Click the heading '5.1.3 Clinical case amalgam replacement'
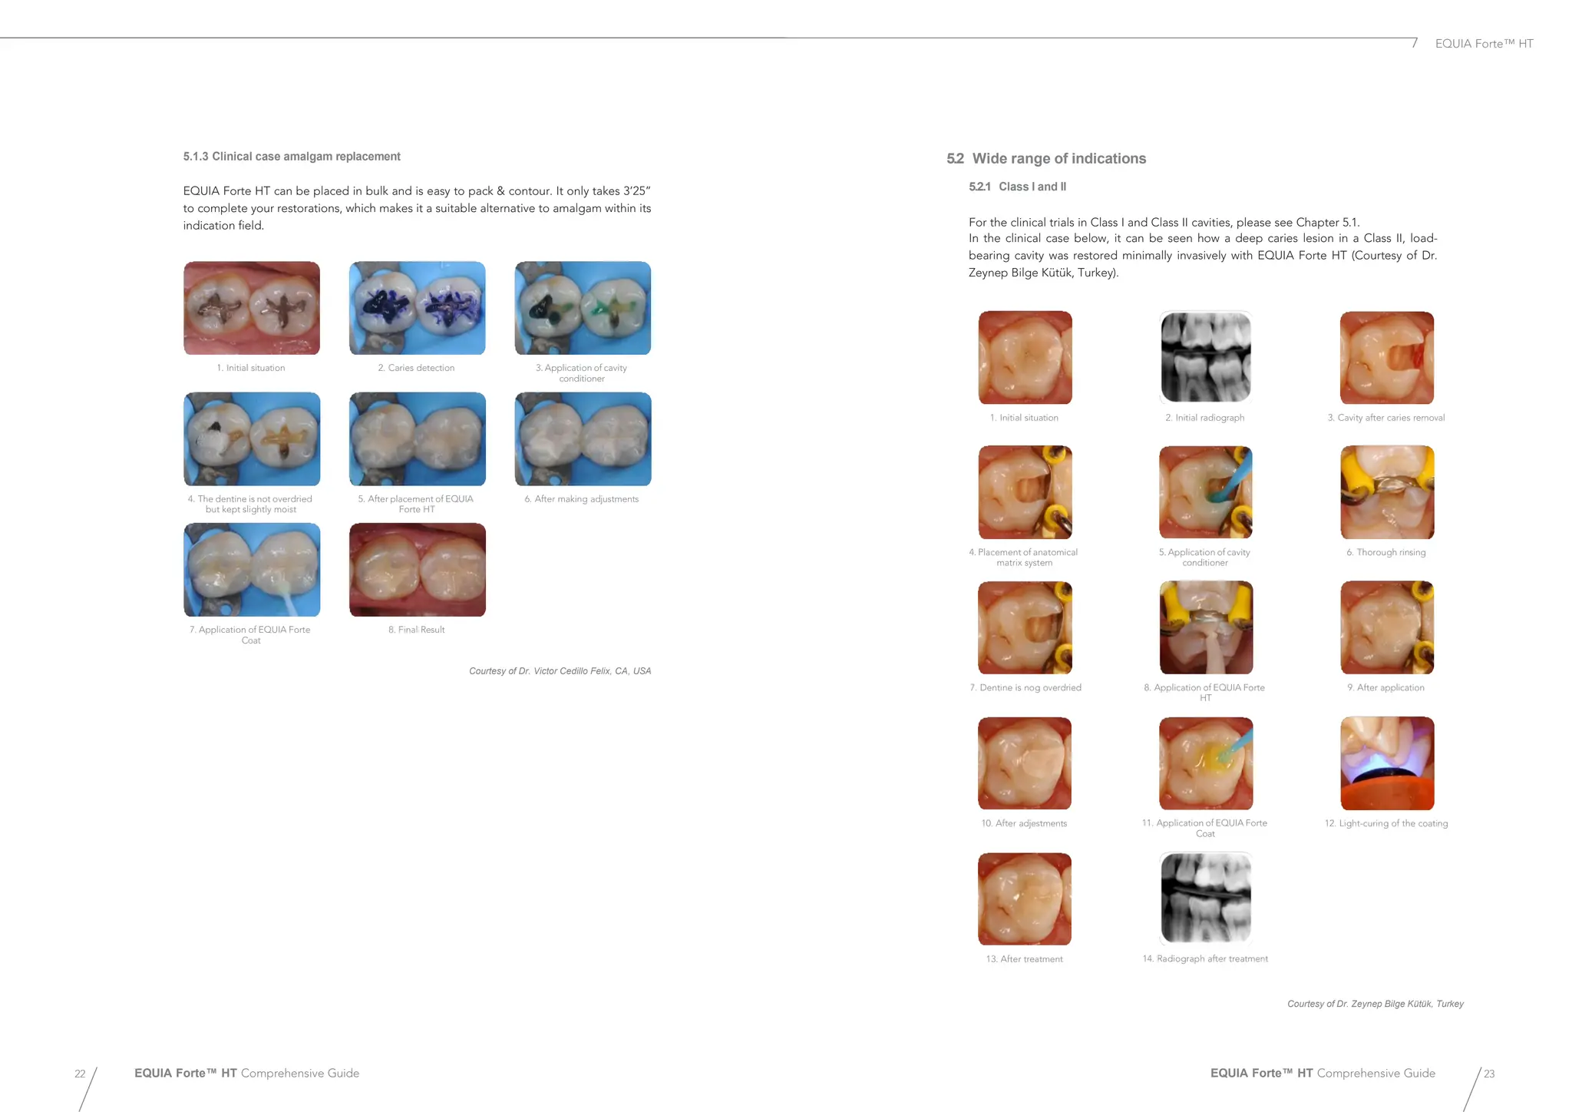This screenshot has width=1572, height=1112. point(292,157)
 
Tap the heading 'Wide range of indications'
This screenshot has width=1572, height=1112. point(1058,159)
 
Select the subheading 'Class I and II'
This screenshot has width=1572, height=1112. point(1032,187)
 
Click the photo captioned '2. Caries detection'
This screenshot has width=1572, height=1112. point(417,308)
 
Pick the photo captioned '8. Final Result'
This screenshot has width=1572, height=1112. point(417,570)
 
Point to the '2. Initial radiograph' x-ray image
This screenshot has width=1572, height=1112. point(1205,357)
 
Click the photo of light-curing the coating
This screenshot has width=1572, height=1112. point(1386,763)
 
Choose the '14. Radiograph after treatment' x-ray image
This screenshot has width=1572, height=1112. point(1205,899)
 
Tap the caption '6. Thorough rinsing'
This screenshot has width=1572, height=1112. point(1385,552)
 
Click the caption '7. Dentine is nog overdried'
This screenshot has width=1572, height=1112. point(1025,688)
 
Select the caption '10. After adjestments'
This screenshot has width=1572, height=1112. point(1024,823)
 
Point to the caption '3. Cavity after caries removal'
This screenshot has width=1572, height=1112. point(1385,418)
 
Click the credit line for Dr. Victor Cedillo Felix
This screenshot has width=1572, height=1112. point(560,671)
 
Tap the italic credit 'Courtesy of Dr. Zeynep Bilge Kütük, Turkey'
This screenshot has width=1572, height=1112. point(1375,1004)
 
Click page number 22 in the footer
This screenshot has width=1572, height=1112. point(80,1074)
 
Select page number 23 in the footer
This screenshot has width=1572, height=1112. point(1488,1074)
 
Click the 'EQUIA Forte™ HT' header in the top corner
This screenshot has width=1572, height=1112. point(1484,44)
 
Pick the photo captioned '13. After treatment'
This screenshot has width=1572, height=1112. point(1024,899)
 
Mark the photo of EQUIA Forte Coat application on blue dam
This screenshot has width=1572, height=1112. point(252,570)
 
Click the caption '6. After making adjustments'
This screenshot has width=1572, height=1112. point(581,499)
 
